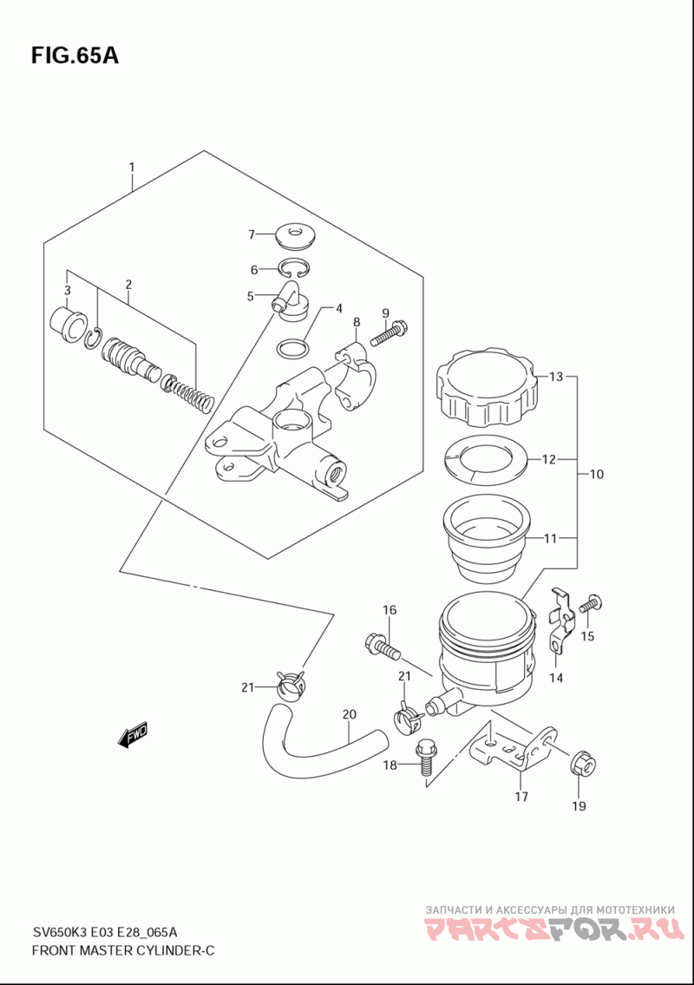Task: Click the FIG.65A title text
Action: click(75, 56)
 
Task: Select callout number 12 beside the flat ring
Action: click(549, 459)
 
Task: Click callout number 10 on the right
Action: click(597, 474)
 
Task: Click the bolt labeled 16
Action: click(382, 647)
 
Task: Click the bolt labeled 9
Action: click(390, 333)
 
